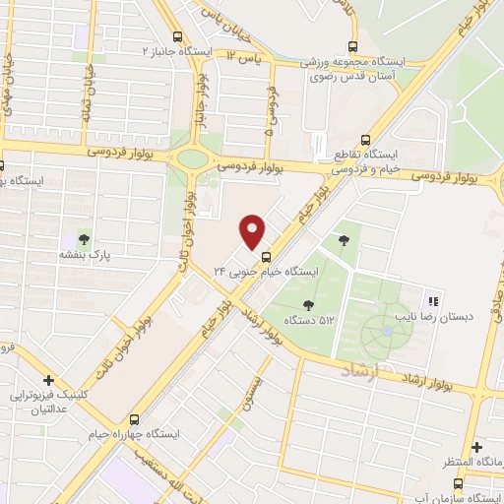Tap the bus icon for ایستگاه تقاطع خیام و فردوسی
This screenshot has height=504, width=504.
tap(365, 140)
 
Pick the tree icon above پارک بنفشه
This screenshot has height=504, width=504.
tap(85, 238)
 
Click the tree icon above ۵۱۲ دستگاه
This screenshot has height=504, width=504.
tap(310, 305)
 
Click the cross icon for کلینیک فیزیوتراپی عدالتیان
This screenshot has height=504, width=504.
tap(48, 380)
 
